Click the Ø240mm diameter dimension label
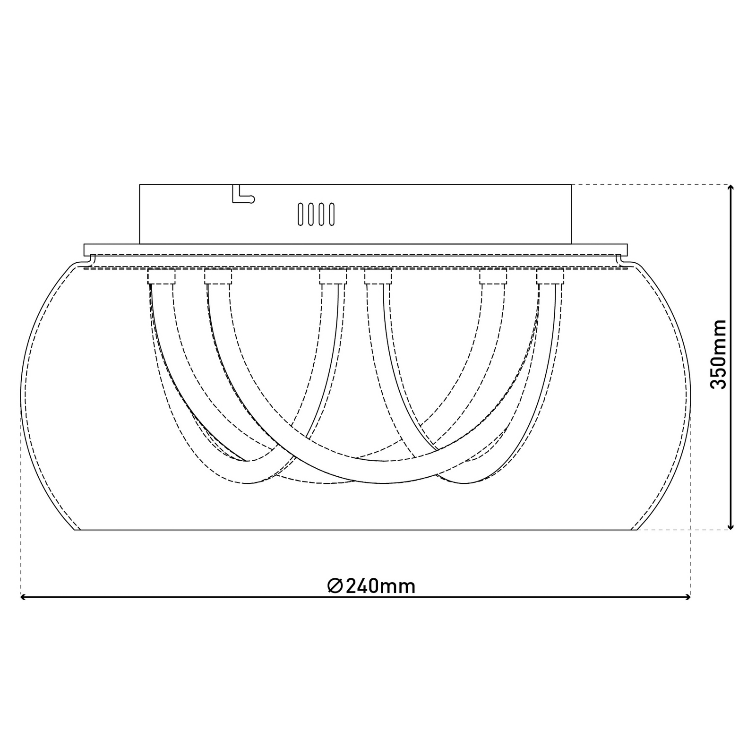click(371, 586)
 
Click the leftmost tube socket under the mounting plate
click(162, 276)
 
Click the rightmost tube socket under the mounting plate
click(550, 276)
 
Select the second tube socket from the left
click(218, 276)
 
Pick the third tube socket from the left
click(333, 276)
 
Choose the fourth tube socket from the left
click(378, 276)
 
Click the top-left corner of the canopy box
click(140, 185)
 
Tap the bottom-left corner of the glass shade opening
click(76, 530)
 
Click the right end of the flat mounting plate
click(627, 250)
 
